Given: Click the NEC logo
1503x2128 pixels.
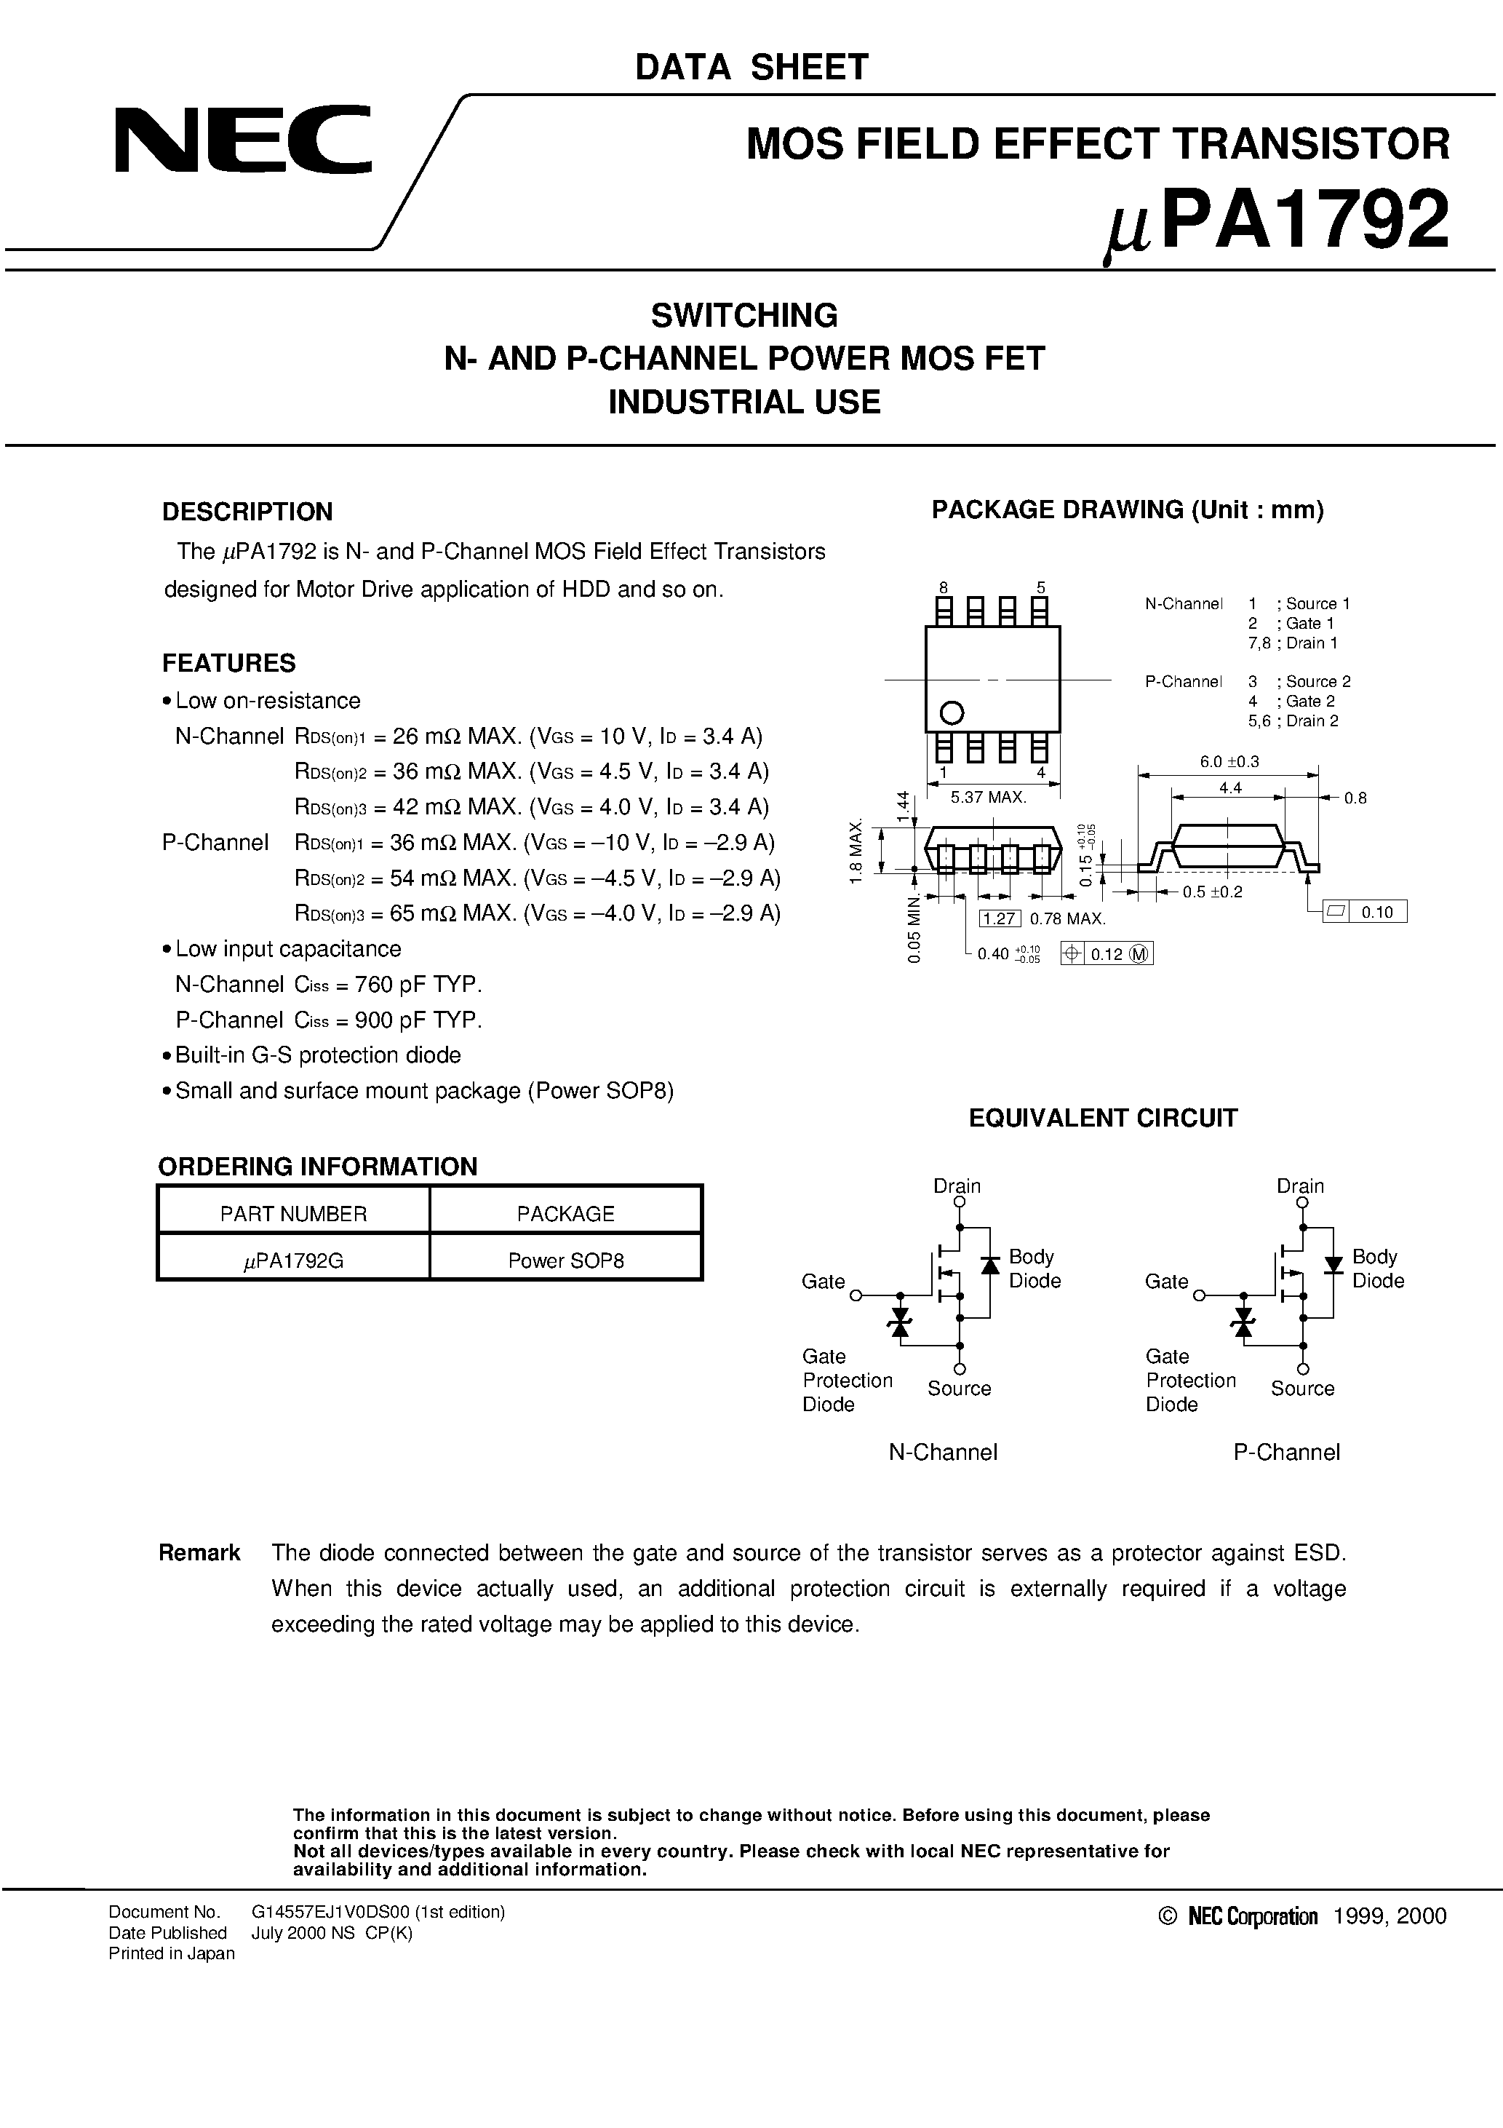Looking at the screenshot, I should (243, 140).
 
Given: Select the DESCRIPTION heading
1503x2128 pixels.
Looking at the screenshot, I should (247, 512).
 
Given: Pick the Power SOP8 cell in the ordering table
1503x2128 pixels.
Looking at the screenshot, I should (565, 1260).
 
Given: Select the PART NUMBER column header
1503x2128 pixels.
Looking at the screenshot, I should (294, 1214).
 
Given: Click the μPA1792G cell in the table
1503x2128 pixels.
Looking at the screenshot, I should (294, 1260).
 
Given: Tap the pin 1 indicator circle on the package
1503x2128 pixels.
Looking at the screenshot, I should (952, 712).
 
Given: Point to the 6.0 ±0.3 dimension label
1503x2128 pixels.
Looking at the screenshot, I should (1229, 762).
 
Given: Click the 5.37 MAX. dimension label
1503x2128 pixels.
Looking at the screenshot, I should (989, 797).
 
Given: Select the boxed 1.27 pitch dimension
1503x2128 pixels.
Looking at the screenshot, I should (1000, 918).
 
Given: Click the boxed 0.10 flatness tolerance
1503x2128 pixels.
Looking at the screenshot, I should (1377, 912).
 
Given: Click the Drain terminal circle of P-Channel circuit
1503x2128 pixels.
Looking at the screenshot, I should (1303, 1203).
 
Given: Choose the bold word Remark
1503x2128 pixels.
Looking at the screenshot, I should (199, 1552).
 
